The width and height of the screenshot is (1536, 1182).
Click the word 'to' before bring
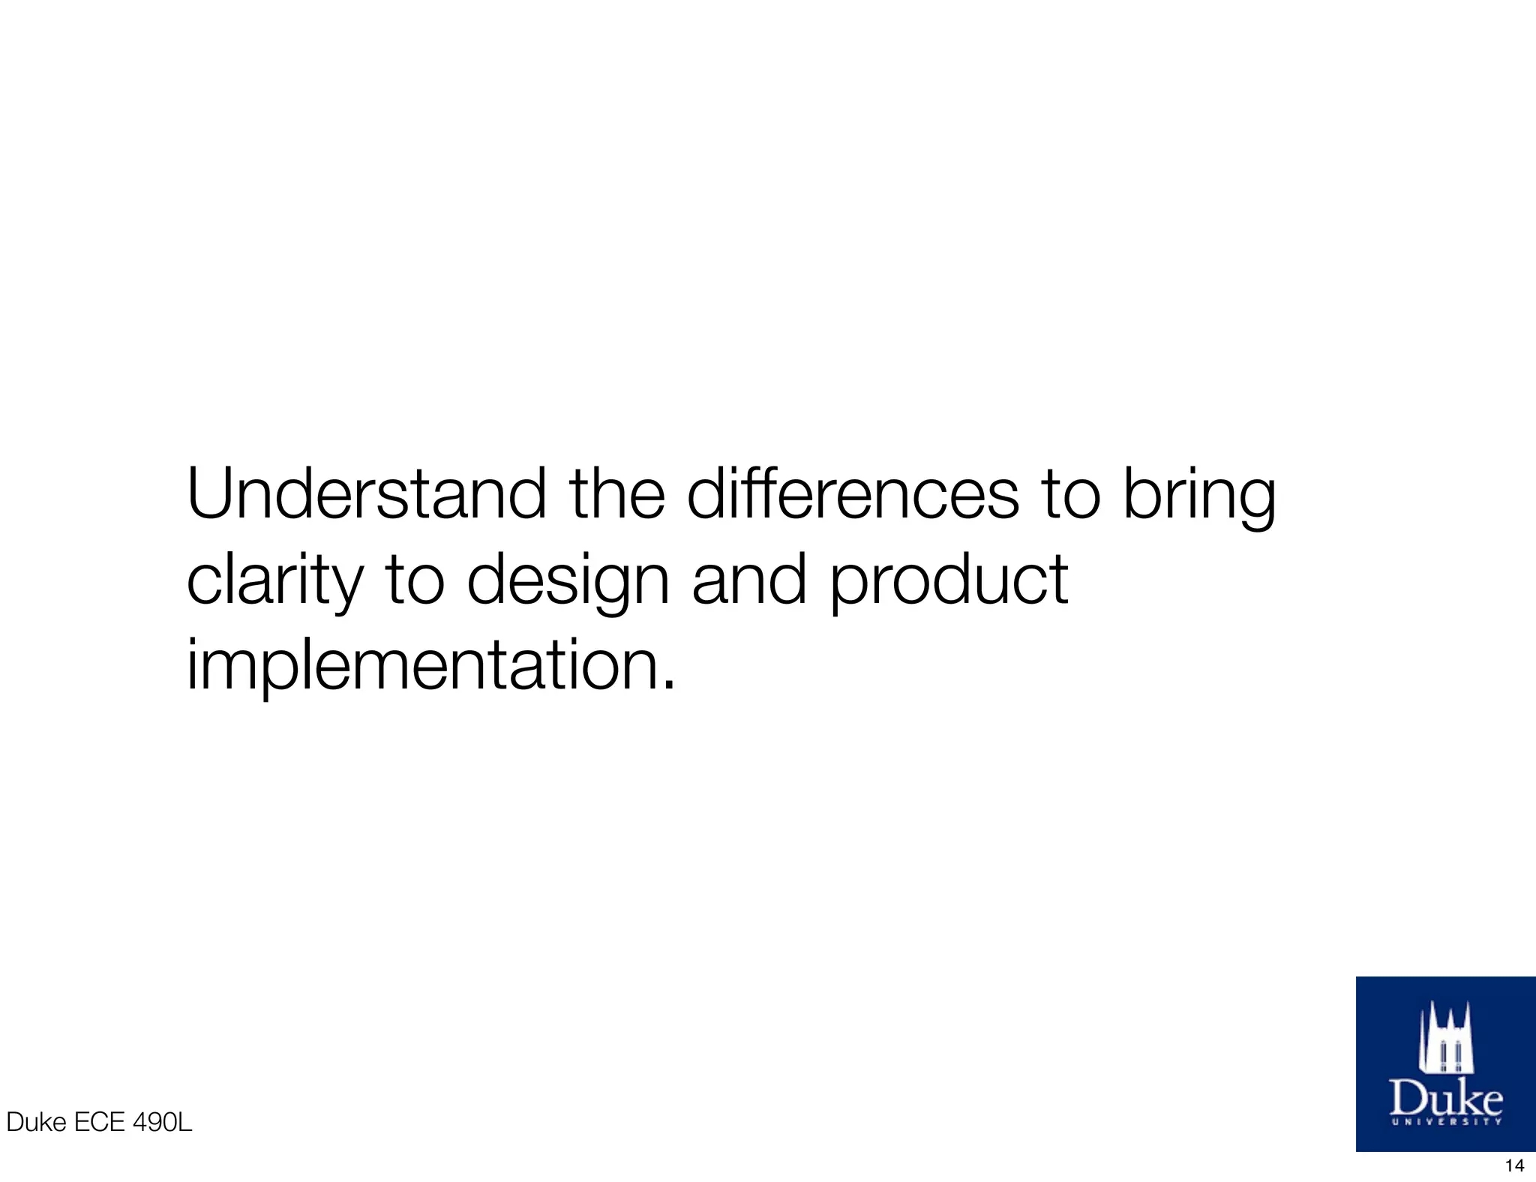[1070, 495]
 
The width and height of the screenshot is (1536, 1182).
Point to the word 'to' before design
[415, 580]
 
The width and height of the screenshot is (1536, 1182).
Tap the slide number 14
[1514, 1165]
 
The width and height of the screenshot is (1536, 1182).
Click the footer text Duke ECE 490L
[99, 1123]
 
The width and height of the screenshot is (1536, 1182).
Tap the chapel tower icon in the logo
[1445, 1039]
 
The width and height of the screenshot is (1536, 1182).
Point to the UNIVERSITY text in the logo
[1446, 1123]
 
